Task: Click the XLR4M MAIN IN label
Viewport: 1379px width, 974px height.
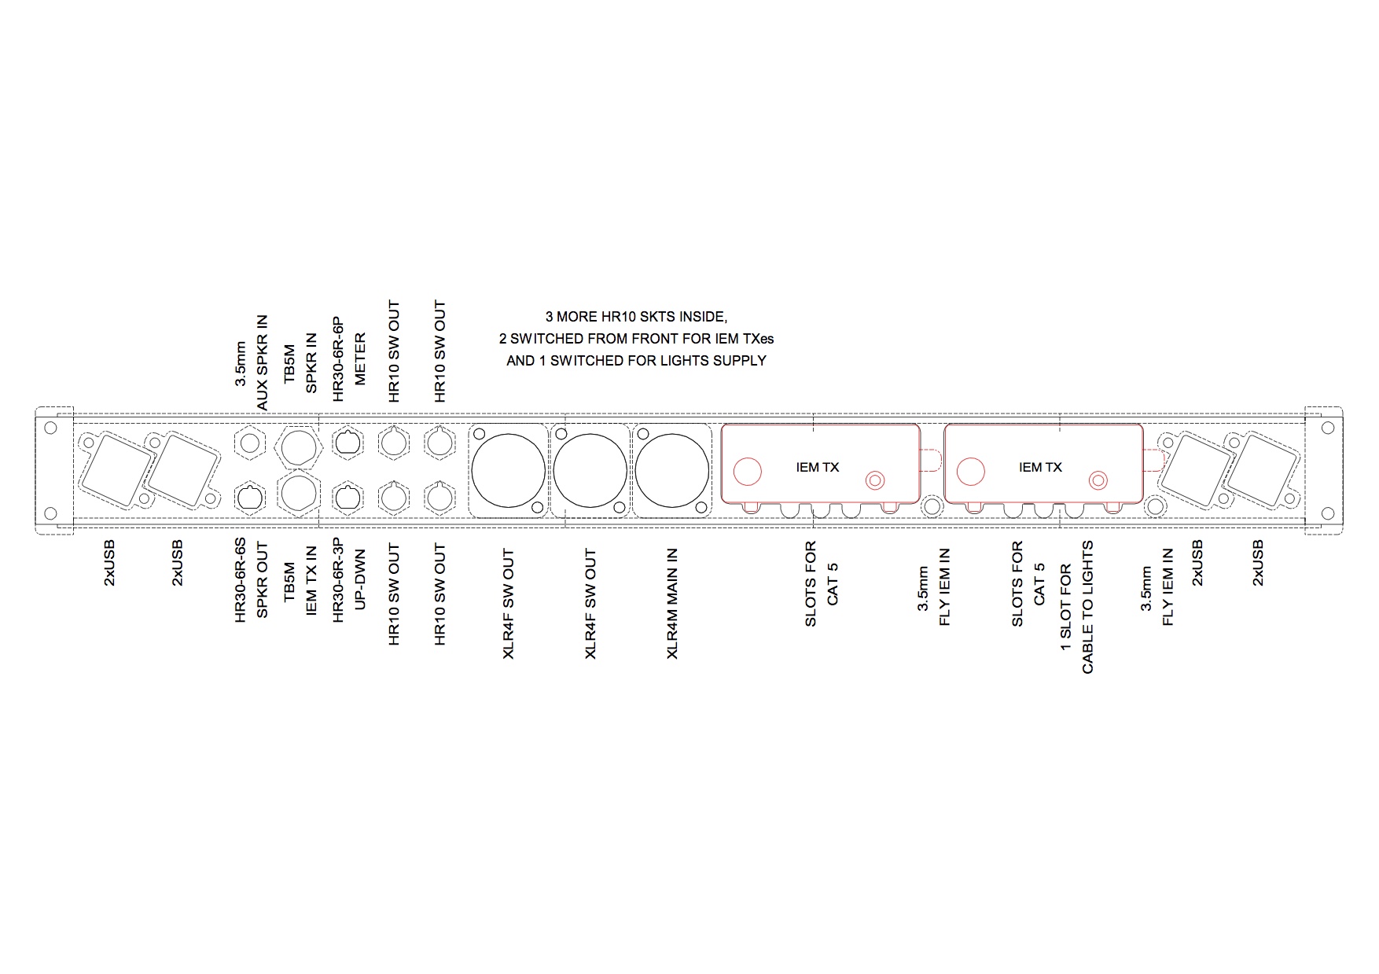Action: point(671,604)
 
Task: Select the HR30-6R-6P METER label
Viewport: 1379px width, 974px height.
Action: point(349,359)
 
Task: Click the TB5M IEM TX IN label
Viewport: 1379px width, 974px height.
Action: point(300,581)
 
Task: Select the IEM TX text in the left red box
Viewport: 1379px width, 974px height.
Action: point(818,467)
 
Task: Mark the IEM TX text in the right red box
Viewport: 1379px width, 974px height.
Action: point(1040,467)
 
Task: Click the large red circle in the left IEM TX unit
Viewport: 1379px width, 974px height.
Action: point(748,472)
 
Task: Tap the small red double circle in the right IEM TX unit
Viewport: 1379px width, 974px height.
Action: point(1098,480)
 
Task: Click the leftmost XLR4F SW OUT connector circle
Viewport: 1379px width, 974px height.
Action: point(508,471)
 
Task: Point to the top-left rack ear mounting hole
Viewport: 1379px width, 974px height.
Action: point(51,428)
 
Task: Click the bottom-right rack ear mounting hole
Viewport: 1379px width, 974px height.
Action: point(1329,514)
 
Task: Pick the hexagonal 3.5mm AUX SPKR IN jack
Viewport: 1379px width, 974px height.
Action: point(251,443)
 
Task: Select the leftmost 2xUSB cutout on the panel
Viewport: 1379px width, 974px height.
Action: point(116,471)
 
